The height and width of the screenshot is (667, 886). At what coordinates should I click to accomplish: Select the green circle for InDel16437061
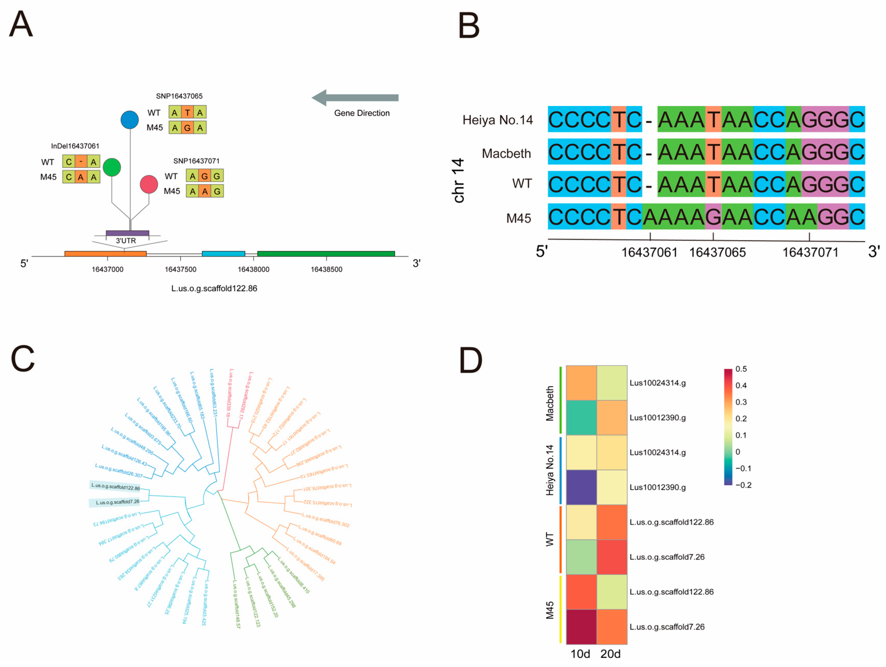tap(112, 167)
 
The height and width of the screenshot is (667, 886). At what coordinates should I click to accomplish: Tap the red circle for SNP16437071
tap(149, 184)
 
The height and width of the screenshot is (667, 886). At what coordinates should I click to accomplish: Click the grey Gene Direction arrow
tap(355, 98)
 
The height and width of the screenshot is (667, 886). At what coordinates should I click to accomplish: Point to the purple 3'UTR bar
tap(127, 233)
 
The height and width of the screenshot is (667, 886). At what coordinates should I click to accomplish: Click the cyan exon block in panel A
tap(224, 254)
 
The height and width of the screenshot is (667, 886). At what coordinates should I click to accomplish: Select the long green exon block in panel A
tap(326, 254)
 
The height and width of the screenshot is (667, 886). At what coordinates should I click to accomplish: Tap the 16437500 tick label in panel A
tap(180, 269)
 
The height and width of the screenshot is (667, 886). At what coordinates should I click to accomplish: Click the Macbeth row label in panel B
tap(506, 153)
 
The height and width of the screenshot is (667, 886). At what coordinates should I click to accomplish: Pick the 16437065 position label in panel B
tap(717, 253)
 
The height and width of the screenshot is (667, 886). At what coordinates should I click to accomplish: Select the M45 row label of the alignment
tap(519, 218)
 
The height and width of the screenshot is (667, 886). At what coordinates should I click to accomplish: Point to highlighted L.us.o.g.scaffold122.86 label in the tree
tap(115, 486)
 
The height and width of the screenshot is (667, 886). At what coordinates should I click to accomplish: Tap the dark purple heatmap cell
tap(582, 487)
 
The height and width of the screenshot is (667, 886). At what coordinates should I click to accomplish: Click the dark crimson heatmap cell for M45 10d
tap(582, 627)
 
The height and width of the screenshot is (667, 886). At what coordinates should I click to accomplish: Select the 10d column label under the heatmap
tap(580, 654)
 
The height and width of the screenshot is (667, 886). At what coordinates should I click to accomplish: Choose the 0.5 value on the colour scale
tap(741, 369)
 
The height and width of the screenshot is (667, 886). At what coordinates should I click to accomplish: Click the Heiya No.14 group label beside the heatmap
tap(550, 470)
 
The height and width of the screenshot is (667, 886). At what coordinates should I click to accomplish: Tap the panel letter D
tap(471, 360)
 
